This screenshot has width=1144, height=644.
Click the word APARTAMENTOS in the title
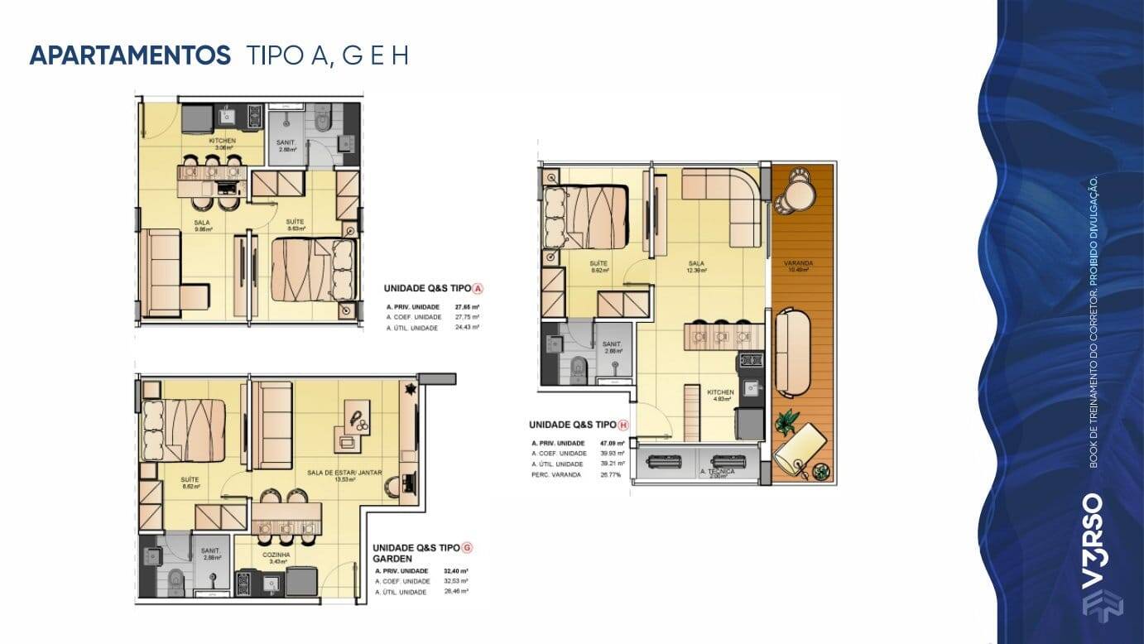point(129,55)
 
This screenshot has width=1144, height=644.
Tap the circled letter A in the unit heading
point(478,289)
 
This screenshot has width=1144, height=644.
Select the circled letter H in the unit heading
point(623,425)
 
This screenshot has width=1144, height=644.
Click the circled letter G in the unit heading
point(467,547)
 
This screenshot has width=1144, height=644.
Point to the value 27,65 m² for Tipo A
point(467,306)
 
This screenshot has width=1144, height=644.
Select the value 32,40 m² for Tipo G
point(455,571)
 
